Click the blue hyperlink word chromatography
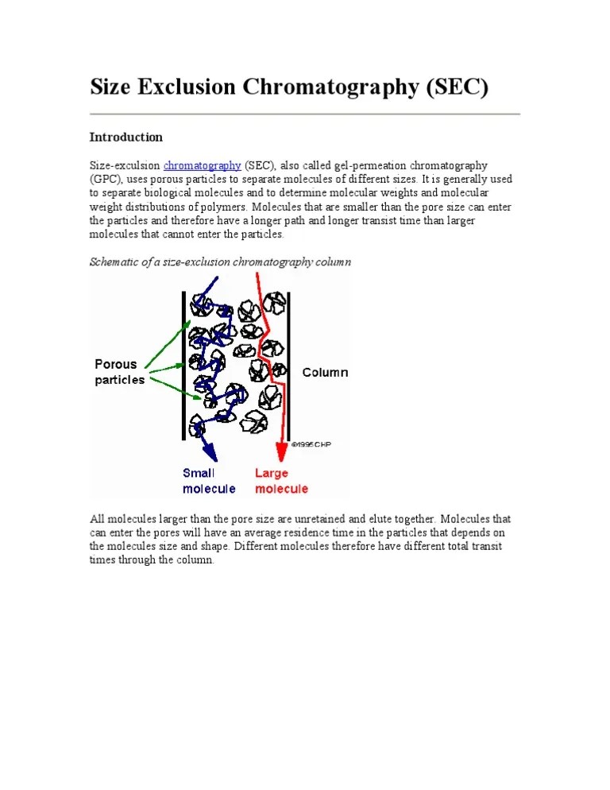(x=202, y=165)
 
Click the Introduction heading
(x=125, y=137)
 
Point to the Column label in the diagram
(x=325, y=372)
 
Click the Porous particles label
(x=120, y=372)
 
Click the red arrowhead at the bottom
(x=280, y=451)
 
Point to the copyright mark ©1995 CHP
(x=311, y=445)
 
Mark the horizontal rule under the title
(x=304, y=114)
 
